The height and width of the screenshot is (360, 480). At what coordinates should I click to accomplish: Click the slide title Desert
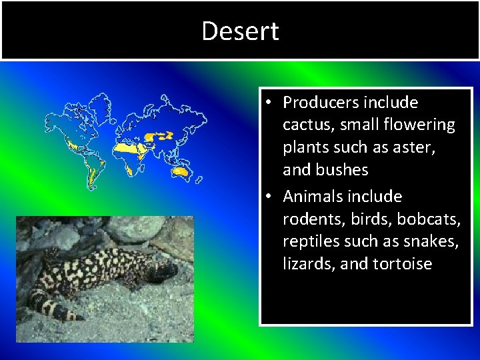pyautogui.click(x=240, y=31)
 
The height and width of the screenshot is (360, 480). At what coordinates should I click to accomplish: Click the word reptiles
pyautogui.click(x=311, y=241)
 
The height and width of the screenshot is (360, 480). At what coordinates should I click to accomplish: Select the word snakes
pyautogui.click(x=429, y=241)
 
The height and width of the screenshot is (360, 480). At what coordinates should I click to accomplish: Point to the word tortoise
pyautogui.click(x=402, y=264)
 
